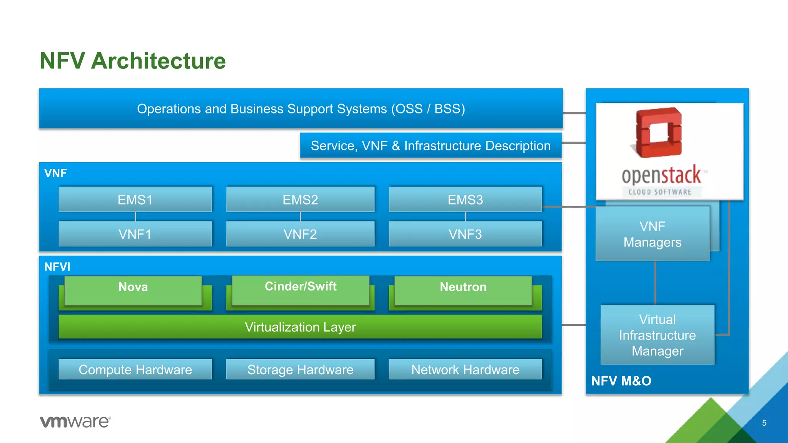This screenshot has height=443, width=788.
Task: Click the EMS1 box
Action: (135, 200)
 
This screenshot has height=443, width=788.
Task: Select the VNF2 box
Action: (300, 234)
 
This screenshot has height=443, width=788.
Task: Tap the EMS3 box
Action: (465, 200)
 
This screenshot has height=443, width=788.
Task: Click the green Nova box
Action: (133, 290)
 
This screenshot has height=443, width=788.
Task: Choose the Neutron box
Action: (463, 290)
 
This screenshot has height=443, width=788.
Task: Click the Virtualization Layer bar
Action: (300, 327)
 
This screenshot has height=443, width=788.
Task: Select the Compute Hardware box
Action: (135, 370)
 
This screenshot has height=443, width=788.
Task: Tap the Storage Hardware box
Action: (300, 370)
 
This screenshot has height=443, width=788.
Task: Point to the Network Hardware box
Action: (465, 370)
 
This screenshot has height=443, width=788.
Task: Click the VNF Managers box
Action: (652, 234)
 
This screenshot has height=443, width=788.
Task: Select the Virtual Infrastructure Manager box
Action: (657, 335)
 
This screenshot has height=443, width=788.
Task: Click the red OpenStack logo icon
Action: (658, 133)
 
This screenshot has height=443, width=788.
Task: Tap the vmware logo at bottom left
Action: (75, 421)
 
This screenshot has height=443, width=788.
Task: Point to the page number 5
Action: (764, 423)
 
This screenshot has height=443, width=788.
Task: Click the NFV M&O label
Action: (621, 381)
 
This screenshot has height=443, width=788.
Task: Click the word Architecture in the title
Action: (158, 61)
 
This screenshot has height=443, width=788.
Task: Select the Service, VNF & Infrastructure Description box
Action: (431, 146)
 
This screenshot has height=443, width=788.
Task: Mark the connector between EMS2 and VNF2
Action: (301, 217)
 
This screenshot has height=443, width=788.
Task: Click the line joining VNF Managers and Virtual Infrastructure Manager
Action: (655, 283)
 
